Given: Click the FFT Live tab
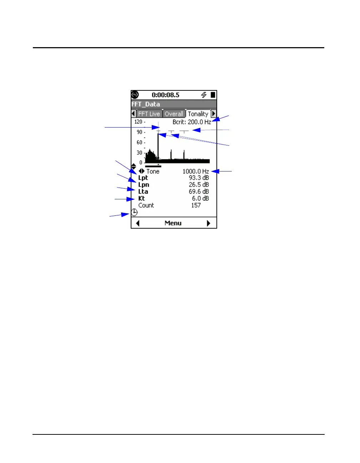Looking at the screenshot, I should click(149, 114).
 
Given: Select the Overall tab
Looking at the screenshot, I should click(174, 114).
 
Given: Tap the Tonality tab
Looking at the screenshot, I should click(198, 114).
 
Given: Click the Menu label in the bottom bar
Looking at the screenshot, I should click(173, 223).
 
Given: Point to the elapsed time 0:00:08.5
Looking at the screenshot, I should click(165, 95).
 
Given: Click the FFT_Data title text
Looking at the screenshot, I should click(146, 104).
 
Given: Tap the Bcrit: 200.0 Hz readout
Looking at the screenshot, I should click(192, 122).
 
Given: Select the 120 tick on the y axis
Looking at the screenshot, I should click(138, 122).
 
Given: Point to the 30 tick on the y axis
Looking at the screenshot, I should click(139, 153).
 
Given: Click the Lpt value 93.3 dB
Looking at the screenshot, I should click(199, 178).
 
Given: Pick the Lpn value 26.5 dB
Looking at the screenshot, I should click(199, 185).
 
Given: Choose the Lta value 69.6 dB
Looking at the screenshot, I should click(199, 191).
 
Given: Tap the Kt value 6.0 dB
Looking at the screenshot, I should click(200, 198).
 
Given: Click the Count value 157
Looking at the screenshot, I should click(196, 205).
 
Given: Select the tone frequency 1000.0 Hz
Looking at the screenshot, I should click(196, 171).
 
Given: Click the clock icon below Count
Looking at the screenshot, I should click(134, 213).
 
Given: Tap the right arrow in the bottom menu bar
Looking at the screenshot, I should click(209, 223).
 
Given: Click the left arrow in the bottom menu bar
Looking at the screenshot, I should click(138, 223).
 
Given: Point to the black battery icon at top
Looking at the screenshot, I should click(213, 95).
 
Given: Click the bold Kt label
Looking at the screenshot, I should click(141, 198).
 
